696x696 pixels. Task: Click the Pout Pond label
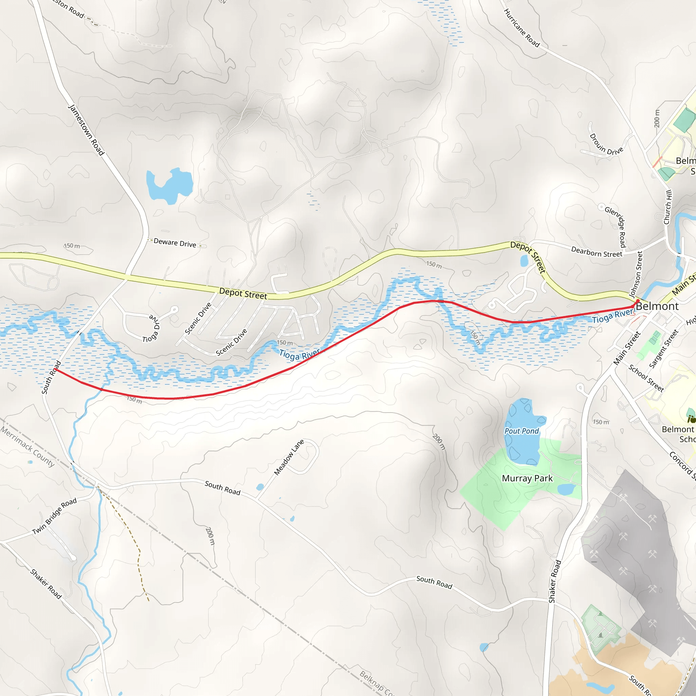(x=521, y=431)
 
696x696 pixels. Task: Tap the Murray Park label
(x=527, y=478)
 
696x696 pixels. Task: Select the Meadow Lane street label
(x=289, y=457)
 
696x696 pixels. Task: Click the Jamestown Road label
(x=86, y=130)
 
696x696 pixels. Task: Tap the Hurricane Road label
(x=521, y=28)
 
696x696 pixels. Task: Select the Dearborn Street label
(x=596, y=252)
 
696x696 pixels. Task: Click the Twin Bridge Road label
(x=54, y=516)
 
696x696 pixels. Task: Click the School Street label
(x=646, y=378)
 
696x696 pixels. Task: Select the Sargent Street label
(x=664, y=349)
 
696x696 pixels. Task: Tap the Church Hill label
(x=668, y=207)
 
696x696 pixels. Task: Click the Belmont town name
(x=657, y=307)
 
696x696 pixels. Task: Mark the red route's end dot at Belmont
(x=638, y=301)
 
